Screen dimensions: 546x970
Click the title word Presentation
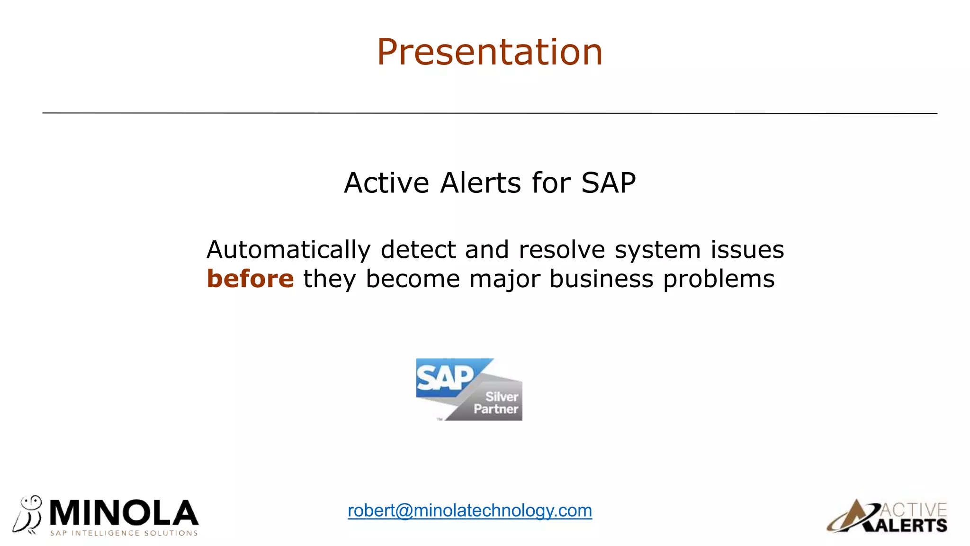490,52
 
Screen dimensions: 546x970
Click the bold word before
250,279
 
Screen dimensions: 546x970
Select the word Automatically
288,250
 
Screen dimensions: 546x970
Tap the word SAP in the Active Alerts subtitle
608,183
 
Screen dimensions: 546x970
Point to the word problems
719,279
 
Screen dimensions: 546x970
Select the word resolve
562,250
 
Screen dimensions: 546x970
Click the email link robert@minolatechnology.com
469,510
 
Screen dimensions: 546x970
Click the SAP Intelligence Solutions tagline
124,533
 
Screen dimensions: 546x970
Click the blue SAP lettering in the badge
444,378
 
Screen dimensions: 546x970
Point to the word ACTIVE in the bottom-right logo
914,510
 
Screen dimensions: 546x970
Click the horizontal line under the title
490,113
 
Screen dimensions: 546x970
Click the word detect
418,250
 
